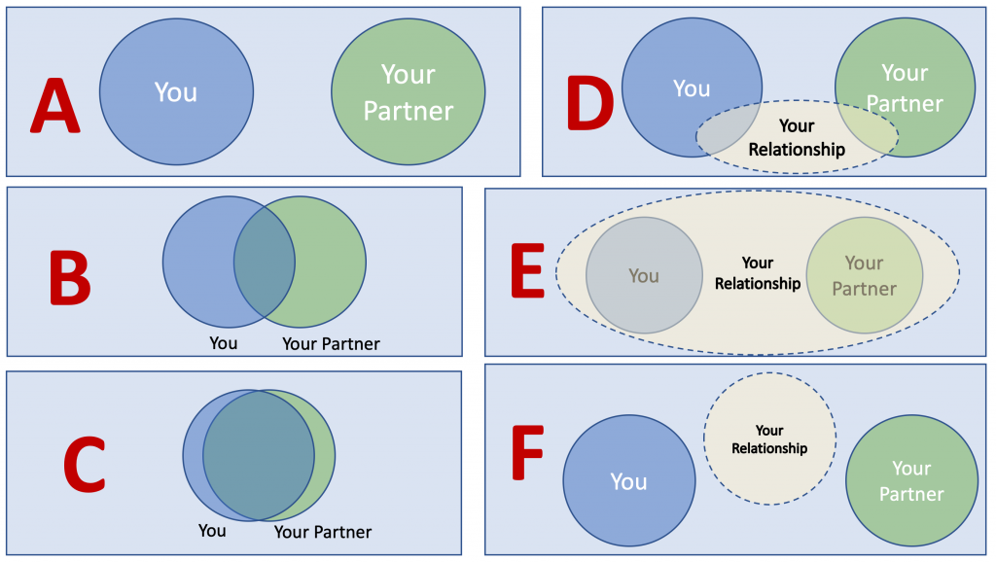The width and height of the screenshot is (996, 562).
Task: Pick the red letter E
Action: [527, 271]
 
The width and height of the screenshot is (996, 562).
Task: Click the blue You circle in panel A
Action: [176, 91]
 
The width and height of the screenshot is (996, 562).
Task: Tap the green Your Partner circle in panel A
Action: [409, 91]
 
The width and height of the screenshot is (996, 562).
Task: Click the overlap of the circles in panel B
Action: [264, 261]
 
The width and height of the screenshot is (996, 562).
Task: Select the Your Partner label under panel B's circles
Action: [331, 343]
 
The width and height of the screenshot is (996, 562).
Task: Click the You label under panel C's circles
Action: [212, 531]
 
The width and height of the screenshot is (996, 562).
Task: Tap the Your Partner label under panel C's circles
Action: [322, 532]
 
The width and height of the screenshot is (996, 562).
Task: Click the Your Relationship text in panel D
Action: [797, 138]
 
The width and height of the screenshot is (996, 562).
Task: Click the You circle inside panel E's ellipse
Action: [644, 275]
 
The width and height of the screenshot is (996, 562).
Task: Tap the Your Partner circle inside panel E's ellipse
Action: [864, 275]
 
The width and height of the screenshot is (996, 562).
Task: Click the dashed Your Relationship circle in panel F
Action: [769, 439]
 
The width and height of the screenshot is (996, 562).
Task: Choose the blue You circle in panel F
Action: [628, 481]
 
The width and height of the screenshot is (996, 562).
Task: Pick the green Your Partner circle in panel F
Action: [910, 480]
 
